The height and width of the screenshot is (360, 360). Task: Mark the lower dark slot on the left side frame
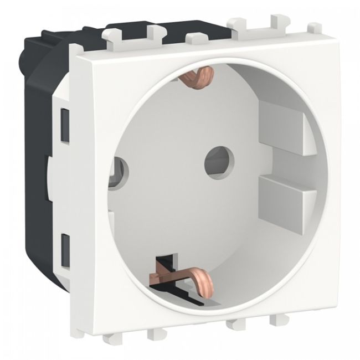66,244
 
